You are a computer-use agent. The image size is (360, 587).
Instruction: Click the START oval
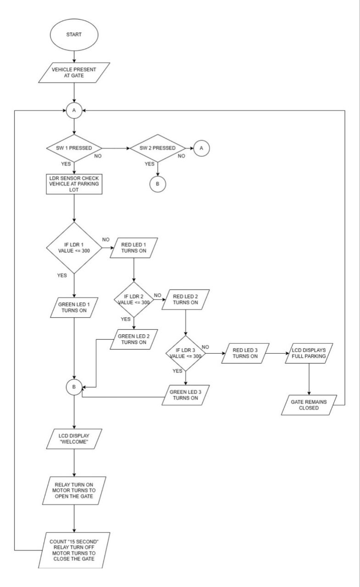click(x=73, y=35)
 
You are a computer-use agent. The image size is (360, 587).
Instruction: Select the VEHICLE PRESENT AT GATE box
click(x=74, y=73)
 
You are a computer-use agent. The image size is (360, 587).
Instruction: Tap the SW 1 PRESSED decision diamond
click(x=74, y=148)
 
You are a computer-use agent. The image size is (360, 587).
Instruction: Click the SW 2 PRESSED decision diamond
click(x=157, y=148)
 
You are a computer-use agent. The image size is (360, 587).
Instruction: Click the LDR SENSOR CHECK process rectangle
click(x=74, y=184)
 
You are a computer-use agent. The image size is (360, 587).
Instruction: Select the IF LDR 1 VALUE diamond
click(x=74, y=248)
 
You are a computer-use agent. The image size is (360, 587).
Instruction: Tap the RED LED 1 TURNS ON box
click(x=133, y=248)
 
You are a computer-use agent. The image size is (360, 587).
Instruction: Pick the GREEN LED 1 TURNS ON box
click(x=74, y=306)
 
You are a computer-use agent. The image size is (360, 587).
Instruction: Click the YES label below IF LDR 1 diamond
click(x=62, y=276)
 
